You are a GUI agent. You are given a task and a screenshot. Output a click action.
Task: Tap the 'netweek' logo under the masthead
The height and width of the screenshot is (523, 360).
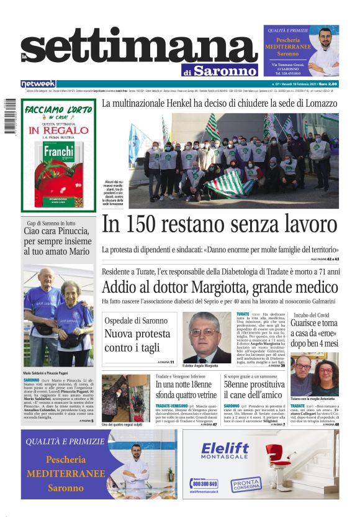click(38, 84)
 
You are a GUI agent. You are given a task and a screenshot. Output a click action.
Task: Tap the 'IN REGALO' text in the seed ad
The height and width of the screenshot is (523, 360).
click(59, 130)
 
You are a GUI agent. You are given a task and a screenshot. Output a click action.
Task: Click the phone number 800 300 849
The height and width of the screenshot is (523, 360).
click(205, 483)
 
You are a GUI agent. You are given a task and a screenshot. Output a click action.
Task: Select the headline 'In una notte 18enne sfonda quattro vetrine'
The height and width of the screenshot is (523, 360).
click(186, 389)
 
